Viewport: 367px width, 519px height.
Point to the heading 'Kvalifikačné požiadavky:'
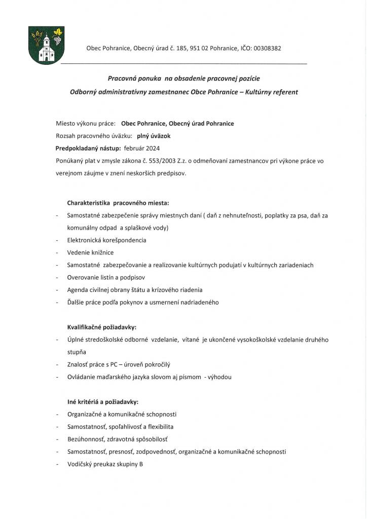(102, 327)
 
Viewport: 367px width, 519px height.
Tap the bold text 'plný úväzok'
(154, 136)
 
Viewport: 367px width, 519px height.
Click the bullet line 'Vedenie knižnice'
(90, 252)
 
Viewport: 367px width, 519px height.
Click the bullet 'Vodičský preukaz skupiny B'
(105, 464)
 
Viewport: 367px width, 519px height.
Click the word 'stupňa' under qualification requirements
(77, 352)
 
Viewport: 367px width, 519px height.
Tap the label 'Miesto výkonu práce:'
(86, 123)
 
